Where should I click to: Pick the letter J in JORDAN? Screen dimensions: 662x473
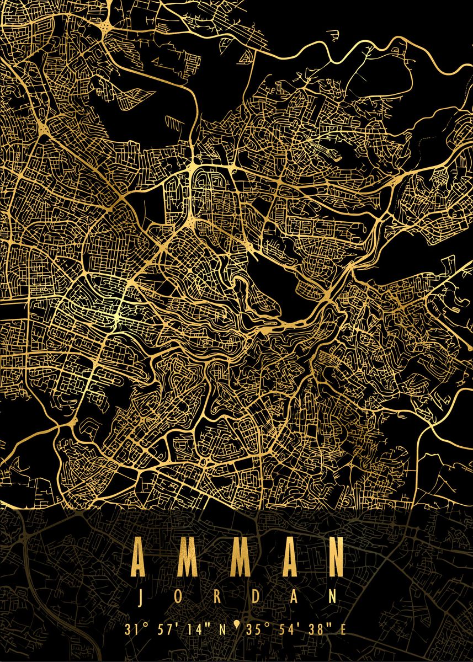click(141, 596)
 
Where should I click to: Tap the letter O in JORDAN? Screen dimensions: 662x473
click(179, 596)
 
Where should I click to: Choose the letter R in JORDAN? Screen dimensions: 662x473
click(217, 596)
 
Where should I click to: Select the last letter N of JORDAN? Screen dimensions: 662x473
click(333, 596)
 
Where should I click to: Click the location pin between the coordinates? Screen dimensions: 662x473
click(237, 624)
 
